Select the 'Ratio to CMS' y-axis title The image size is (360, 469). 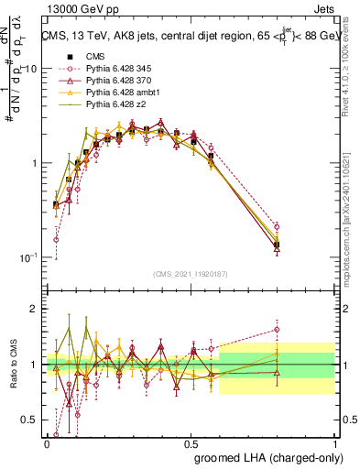tap(13, 365)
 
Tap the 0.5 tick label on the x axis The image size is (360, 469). tap(191, 443)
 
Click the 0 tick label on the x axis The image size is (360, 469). tap(47, 443)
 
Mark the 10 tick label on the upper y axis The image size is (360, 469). tap(30, 69)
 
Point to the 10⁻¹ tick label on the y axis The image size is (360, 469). tap(27, 257)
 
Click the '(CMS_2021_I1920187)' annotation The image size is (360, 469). tap(190, 274)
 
